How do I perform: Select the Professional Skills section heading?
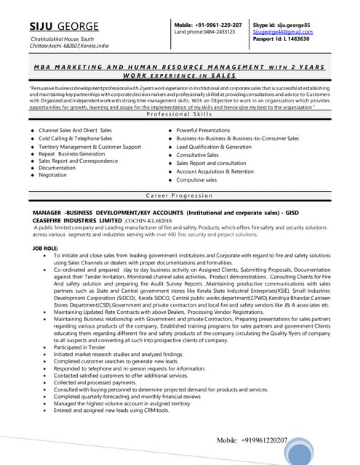point(180,114)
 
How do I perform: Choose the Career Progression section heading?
point(180,196)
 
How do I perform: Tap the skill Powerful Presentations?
point(203,130)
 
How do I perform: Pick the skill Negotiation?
point(52,175)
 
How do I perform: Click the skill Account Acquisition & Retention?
point(215,171)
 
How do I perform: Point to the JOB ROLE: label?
point(47,248)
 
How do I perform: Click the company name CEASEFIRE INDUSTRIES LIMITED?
point(78,219)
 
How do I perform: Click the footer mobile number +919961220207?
point(252,441)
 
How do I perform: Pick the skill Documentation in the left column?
point(57,168)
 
